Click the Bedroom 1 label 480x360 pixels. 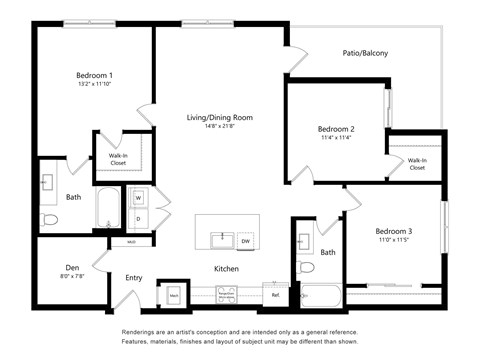pos(94,75)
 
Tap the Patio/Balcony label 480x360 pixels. pos(365,53)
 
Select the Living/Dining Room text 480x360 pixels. pos(220,117)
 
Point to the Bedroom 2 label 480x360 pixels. pos(336,129)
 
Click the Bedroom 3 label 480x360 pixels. pos(394,231)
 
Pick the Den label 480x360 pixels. pos(72,268)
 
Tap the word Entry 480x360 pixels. pos(134,278)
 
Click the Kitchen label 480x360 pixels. pos(226,268)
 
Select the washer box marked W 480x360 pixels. pos(138,197)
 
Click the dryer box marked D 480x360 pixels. pos(138,217)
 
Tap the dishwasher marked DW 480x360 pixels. pos(245,240)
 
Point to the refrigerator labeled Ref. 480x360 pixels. pos(274,294)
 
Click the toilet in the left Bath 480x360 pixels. pos(50,218)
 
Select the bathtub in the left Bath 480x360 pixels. pos(108,208)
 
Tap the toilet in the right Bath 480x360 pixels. pos(306,267)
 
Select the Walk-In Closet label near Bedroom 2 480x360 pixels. pos(416,163)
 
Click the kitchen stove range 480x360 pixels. pos(226,294)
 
